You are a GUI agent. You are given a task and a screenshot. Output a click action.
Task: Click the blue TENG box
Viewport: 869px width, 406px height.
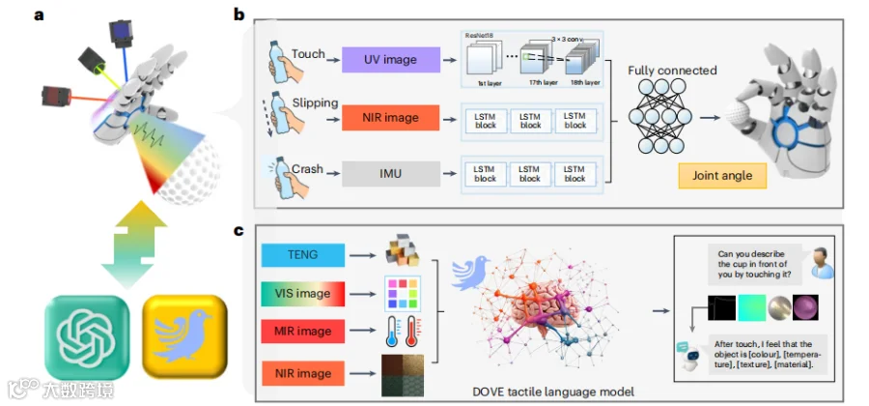tap(303, 254)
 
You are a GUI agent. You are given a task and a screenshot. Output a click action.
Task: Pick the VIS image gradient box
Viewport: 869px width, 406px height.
tap(303, 293)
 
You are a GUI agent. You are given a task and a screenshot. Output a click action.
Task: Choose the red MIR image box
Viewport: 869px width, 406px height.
tap(303, 333)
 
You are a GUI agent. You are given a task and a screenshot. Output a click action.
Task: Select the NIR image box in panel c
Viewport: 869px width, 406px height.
tap(303, 372)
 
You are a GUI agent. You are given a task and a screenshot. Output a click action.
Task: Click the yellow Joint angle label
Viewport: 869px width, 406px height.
tap(721, 176)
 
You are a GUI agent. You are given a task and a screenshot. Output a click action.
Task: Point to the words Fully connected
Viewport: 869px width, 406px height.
tap(672, 71)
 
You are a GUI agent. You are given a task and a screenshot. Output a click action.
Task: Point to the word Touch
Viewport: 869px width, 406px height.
tap(309, 55)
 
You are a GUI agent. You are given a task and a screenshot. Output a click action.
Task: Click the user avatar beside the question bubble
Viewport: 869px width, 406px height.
tap(817, 259)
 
